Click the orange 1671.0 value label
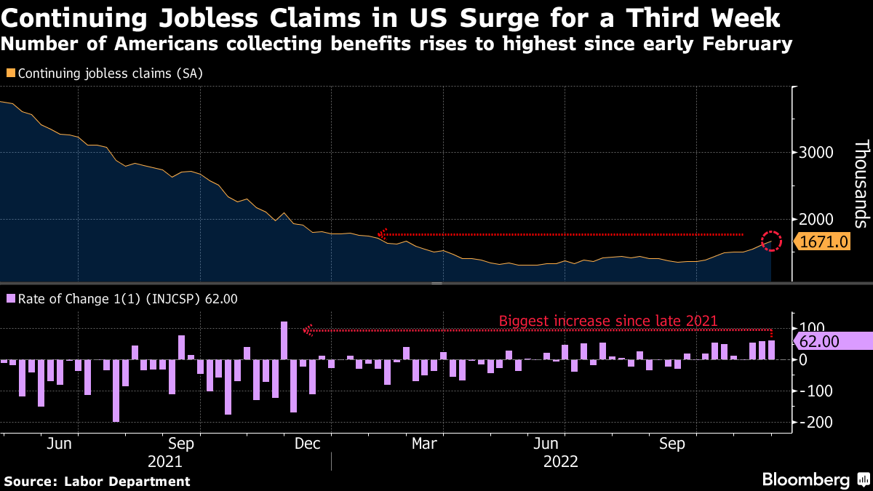[x=824, y=241]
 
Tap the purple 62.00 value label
[x=832, y=341]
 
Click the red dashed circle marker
[x=771, y=241]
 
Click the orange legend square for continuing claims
[x=10, y=73]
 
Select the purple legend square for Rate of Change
[x=10, y=298]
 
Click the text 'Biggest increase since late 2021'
[x=608, y=321]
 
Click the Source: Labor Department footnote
[x=97, y=481]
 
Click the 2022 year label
[x=561, y=461]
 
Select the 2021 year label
[x=165, y=461]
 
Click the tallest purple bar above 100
[x=284, y=340]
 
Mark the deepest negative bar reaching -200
[x=116, y=391]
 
